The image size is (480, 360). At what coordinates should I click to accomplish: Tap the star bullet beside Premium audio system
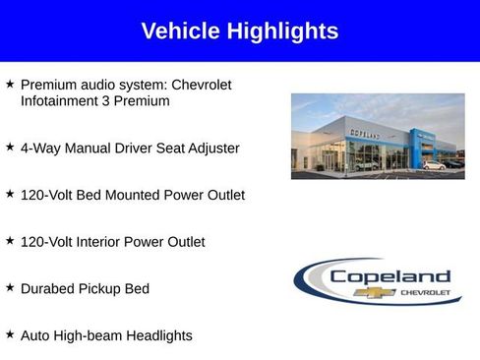pyautogui.click(x=10, y=85)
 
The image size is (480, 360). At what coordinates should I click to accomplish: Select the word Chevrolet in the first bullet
pyautogui.click(x=202, y=85)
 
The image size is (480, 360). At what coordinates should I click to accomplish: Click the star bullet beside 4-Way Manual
pyautogui.click(x=10, y=147)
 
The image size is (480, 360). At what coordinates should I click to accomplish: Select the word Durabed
pyautogui.click(x=49, y=289)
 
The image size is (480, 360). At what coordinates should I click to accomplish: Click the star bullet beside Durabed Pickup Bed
pyautogui.click(x=10, y=288)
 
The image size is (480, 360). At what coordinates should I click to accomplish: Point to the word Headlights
pyautogui.click(x=156, y=336)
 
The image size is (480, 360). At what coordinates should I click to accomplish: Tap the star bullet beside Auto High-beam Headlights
pyautogui.click(x=10, y=335)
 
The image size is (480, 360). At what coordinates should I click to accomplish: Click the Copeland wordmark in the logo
pyautogui.click(x=390, y=276)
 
